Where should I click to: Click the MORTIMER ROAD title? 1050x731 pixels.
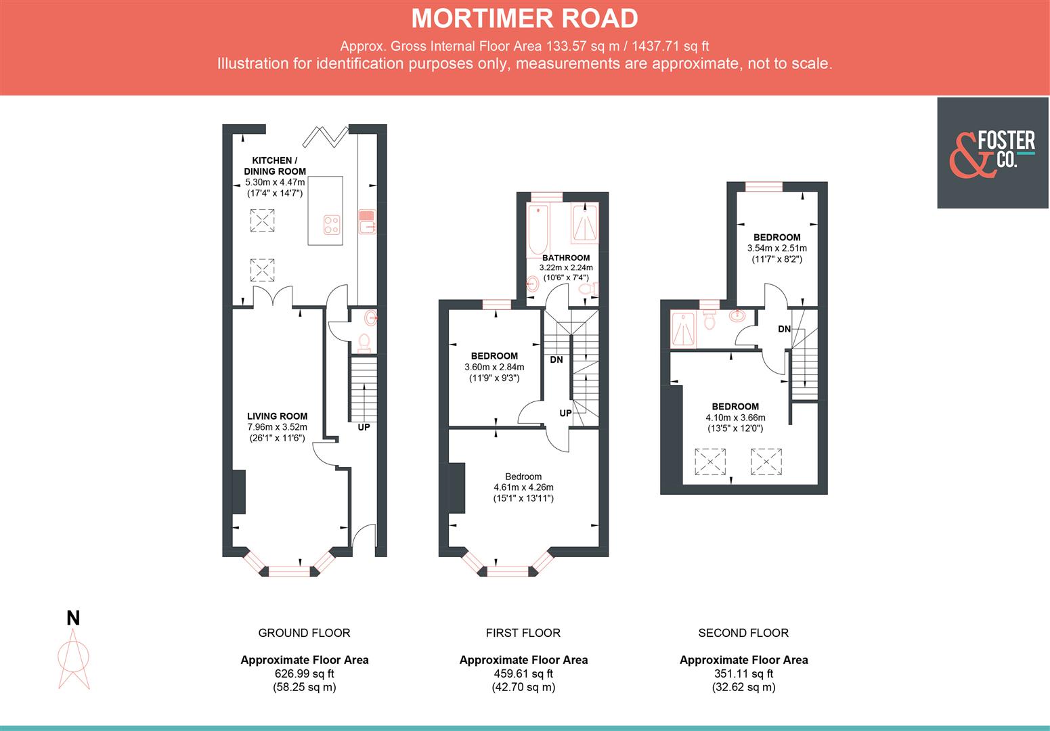click(x=525, y=18)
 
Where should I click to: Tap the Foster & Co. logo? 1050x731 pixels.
click(x=992, y=153)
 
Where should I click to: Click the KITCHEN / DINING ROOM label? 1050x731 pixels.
click(x=275, y=166)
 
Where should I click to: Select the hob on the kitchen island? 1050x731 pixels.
click(x=331, y=224)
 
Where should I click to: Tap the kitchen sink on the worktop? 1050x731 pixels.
click(x=366, y=222)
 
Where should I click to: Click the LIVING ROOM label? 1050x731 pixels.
click(x=277, y=416)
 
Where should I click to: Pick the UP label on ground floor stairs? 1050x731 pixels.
click(x=364, y=428)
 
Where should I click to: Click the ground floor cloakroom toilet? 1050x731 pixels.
click(x=364, y=342)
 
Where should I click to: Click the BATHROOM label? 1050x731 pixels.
click(x=566, y=258)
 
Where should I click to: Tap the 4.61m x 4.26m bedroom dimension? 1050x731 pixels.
click(x=523, y=487)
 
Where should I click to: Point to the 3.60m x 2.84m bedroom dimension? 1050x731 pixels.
click(x=494, y=367)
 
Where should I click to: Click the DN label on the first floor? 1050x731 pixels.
click(x=556, y=360)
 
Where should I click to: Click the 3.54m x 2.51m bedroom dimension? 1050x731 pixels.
click(x=776, y=248)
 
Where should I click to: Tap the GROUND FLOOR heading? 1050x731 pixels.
click(x=304, y=633)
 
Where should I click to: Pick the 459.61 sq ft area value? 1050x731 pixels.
click(x=523, y=673)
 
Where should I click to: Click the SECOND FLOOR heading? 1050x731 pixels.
click(x=743, y=633)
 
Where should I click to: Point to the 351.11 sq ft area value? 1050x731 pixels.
click(x=743, y=673)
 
